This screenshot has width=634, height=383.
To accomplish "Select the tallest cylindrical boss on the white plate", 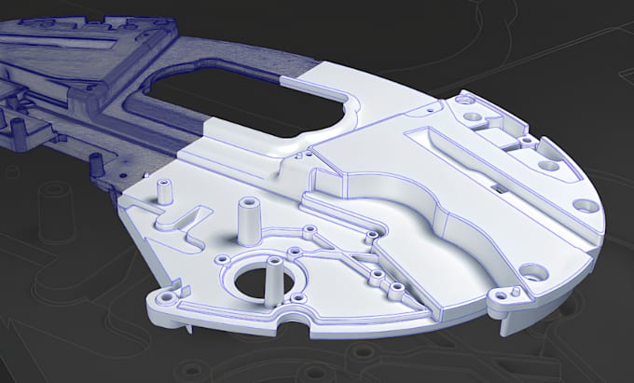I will pyautogui.click(x=249, y=221).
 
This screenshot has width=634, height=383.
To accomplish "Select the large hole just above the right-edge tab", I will pyautogui.click(x=534, y=273).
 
